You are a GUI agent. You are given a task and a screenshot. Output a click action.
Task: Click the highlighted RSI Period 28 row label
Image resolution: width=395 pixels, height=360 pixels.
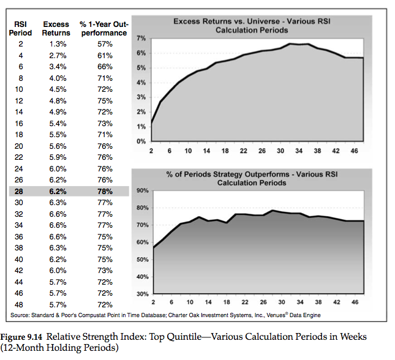click(20, 192)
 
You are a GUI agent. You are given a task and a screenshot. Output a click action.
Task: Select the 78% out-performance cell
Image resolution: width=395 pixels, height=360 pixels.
click(104, 192)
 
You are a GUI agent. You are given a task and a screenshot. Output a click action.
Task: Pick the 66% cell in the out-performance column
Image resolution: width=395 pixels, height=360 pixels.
click(104, 66)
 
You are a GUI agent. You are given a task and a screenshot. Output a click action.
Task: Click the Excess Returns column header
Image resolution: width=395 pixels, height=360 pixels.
click(56, 28)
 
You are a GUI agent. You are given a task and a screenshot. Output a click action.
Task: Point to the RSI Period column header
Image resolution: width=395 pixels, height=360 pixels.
click(20, 28)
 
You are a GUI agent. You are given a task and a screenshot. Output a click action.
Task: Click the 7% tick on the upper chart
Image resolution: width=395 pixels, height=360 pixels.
click(140, 39)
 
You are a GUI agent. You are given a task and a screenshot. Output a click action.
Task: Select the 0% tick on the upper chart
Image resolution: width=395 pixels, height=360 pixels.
click(140, 141)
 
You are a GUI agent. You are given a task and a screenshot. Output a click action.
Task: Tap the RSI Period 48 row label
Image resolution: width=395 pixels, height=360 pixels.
click(20, 304)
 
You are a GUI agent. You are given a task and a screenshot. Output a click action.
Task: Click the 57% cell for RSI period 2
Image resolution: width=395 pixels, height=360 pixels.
click(104, 44)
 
